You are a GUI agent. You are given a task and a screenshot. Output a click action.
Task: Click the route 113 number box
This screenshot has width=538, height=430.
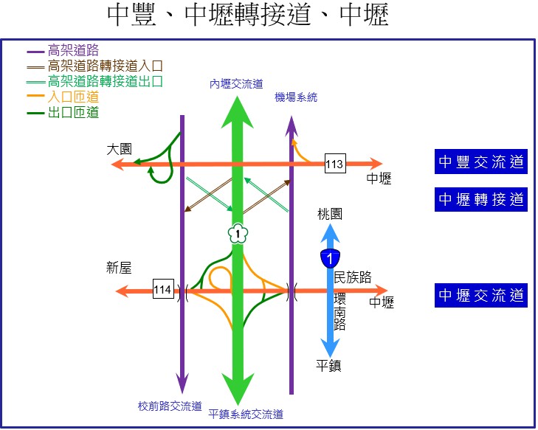pos(334,164)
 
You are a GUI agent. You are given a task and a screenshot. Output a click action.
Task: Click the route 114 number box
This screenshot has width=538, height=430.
pos(163,290)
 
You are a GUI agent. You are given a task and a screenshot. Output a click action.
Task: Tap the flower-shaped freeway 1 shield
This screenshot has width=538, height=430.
pos(238,234)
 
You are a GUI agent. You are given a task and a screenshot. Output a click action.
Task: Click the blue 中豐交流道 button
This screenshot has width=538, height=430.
pos(480,162)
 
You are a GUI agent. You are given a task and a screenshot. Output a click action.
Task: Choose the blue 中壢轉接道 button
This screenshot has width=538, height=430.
pos(480,199)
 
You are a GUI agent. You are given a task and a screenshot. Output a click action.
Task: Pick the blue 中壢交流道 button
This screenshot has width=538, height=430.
pos(480,295)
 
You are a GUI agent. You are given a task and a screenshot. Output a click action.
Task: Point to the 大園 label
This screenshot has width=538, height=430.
pos(119,149)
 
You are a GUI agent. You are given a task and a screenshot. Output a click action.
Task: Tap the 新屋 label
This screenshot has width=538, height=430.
pos(119,269)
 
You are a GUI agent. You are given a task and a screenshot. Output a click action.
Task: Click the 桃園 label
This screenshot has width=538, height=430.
pos(330,215)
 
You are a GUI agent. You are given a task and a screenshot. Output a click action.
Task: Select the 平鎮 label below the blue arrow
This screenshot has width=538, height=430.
pos(328,365)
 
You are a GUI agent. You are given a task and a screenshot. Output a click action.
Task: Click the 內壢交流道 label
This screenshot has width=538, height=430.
pos(236,85)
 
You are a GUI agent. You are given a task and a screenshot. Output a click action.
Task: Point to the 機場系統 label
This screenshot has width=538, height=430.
pos(296,97)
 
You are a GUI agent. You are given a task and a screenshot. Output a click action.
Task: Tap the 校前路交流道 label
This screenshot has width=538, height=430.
pos(170,406)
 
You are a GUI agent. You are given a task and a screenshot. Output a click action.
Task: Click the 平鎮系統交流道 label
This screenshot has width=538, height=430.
pos(246,415)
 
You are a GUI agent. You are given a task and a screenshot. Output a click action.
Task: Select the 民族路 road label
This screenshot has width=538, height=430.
pos(353,277)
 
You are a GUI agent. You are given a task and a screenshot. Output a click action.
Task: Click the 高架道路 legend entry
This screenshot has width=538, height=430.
pos(73,50)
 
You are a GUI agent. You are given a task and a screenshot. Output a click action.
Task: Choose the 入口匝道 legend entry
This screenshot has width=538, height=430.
pos(73,97)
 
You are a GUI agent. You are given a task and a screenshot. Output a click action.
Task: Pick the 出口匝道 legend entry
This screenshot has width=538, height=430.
pos(73,112)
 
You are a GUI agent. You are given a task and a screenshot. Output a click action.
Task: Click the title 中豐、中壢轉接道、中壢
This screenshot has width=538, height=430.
pos(248,16)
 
